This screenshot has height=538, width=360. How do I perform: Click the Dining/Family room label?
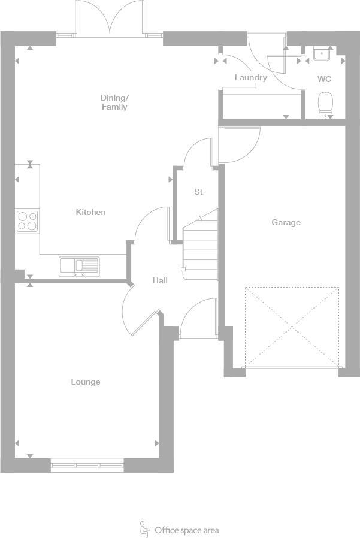114,102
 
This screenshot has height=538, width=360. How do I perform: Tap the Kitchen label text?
90,212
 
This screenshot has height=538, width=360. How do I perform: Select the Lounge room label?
86,382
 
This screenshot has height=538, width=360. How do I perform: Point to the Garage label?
286,222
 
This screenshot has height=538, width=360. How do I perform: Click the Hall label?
160,280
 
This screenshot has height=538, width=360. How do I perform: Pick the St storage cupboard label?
198,192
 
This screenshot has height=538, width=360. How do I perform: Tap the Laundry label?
250,78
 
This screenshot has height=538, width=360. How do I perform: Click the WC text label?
324,79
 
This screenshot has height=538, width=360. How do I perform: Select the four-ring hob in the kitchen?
27,220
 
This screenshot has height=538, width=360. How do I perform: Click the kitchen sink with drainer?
79,265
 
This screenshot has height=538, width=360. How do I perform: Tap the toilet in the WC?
325,104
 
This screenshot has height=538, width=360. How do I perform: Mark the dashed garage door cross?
292,327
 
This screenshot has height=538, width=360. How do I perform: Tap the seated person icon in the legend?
144,529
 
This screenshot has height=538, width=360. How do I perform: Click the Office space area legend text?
186,530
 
